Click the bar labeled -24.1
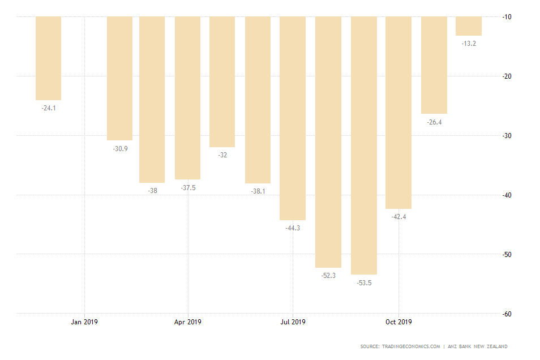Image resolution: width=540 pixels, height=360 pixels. (x=48, y=58)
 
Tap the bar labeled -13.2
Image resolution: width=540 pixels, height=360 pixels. (x=469, y=26)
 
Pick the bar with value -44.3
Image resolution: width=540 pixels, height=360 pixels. (x=293, y=118)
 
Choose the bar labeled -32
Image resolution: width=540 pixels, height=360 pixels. (x=222, y=82)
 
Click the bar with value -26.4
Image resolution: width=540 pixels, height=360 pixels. (x=434, y=65)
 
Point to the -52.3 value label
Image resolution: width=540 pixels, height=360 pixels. (x=328, y=275)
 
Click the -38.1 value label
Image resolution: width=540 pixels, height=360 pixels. (x=258, y=191)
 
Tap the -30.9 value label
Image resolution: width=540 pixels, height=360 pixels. (x=120, y=148)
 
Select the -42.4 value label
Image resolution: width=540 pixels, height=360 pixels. (x=398, y=217)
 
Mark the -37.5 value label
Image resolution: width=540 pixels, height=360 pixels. (x=187, y=187)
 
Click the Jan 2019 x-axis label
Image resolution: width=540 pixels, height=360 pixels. (x=84, y=322)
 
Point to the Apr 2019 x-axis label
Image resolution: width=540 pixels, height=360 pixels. (x=187, y=322)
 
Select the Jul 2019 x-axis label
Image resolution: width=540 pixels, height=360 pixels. (x=293, y=322)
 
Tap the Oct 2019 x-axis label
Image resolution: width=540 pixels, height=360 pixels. (x=398, y=322)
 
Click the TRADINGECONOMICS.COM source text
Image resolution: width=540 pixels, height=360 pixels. (x=412, y=346)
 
